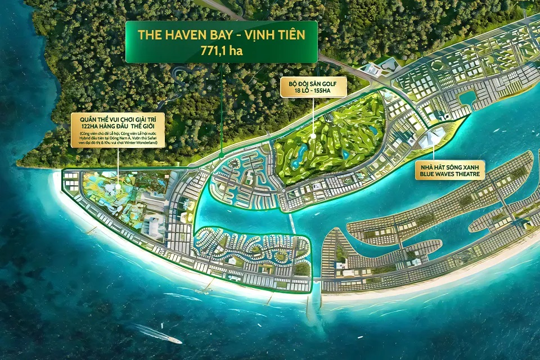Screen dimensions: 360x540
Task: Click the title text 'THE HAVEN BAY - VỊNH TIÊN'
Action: (221, 35)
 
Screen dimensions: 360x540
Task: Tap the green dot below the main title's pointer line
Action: (222, 154)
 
